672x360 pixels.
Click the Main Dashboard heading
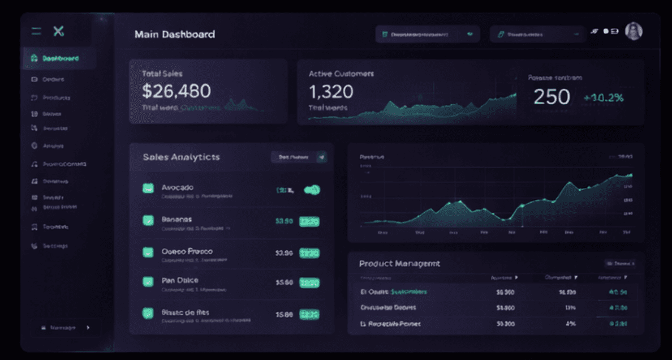(174, 35)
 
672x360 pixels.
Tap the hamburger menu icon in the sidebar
(36, 32)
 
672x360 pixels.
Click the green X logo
(58, 32)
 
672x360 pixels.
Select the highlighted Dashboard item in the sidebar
(59, 58)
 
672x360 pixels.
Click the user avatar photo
(633, 32)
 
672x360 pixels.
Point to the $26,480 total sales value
(176, 91)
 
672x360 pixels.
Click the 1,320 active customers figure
(331, 91)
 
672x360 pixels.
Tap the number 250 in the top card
(552, 97)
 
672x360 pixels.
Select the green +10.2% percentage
(604, 98)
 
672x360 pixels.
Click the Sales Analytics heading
(181, 157)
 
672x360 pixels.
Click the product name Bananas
(176, 219)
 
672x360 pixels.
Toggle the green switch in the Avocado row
(312, 190)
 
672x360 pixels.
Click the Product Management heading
(399, 263)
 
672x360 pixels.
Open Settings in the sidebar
(55, 246)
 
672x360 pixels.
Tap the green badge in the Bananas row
(309, 221)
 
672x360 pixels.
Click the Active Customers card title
(341, 74)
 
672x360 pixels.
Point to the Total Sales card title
(162, 74)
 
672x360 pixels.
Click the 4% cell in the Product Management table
(570, 324)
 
